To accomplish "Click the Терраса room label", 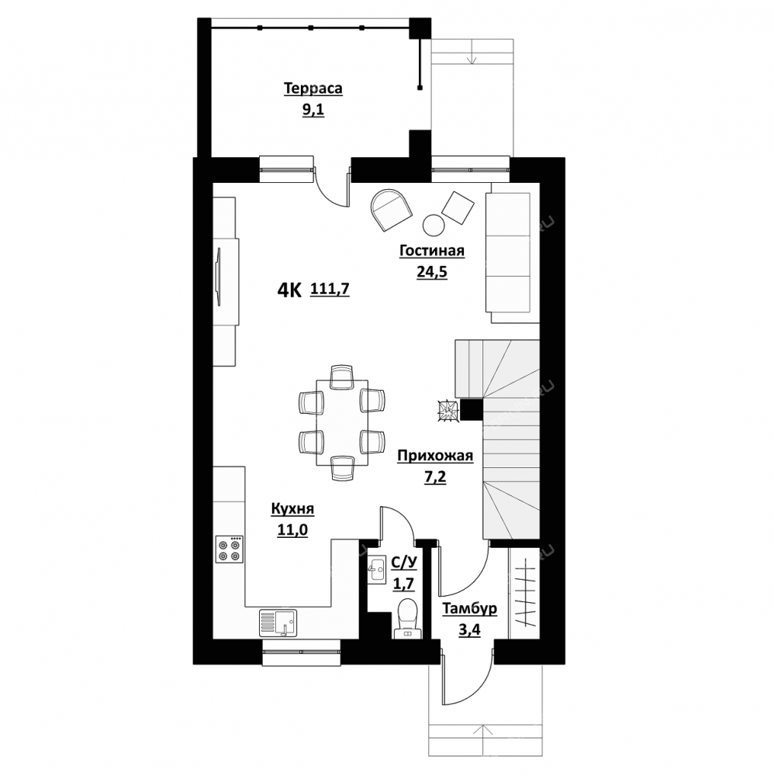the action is coord(313,88).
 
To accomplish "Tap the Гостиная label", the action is coord(432,251).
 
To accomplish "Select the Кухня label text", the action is coord(292,509).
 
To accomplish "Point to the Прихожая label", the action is coord(435,456).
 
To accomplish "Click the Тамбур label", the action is coord(469,608).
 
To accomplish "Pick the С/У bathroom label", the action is coord(403,563).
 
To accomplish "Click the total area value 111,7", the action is coord(330,288).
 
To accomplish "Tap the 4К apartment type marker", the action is coord(289,291).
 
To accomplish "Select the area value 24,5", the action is coord(432,272).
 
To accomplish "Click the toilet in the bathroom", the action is coord(408,618).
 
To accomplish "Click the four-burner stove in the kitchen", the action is coord(230,549).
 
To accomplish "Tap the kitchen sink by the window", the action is coord(278,623).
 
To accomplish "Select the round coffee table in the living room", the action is coord(434,226).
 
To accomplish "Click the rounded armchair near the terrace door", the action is coord(391,210).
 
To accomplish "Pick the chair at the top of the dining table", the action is coord(342,377).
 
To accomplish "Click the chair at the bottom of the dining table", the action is coord(342,468).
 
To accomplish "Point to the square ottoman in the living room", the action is coord(458,207).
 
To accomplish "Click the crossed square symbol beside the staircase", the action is coord(447,411).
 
